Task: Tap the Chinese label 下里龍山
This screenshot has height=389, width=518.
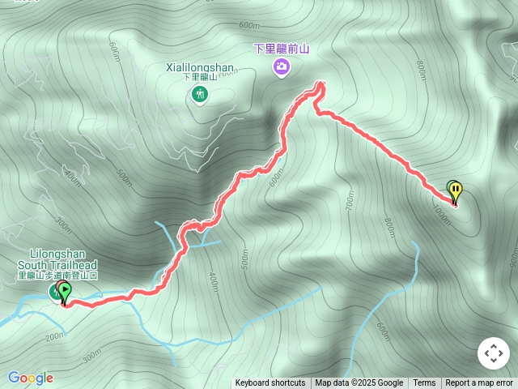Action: [x=199, y=78]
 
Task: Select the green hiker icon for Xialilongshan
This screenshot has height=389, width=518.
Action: [x=199, y=95]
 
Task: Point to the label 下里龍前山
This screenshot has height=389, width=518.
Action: [x=282, y=49]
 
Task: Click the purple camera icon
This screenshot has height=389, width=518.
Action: [x=281, y=66]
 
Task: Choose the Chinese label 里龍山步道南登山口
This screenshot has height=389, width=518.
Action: [x=58, y=276]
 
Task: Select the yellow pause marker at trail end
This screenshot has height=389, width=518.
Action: [x=456, y=191]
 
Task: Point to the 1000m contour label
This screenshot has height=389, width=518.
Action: [x=442, y=216]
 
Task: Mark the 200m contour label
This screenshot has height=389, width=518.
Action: [x=55, y=336]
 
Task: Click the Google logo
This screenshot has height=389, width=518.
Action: [x=31, y=378]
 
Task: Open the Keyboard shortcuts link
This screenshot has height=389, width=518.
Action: [x=270, y=383]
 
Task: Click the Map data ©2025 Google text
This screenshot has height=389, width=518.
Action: [x=359, y=383]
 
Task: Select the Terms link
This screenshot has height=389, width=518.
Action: [x=424, y=383]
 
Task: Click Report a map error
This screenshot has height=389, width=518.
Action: [x=479, y=383]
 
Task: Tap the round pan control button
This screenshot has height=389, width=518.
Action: [x=494, y=353]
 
